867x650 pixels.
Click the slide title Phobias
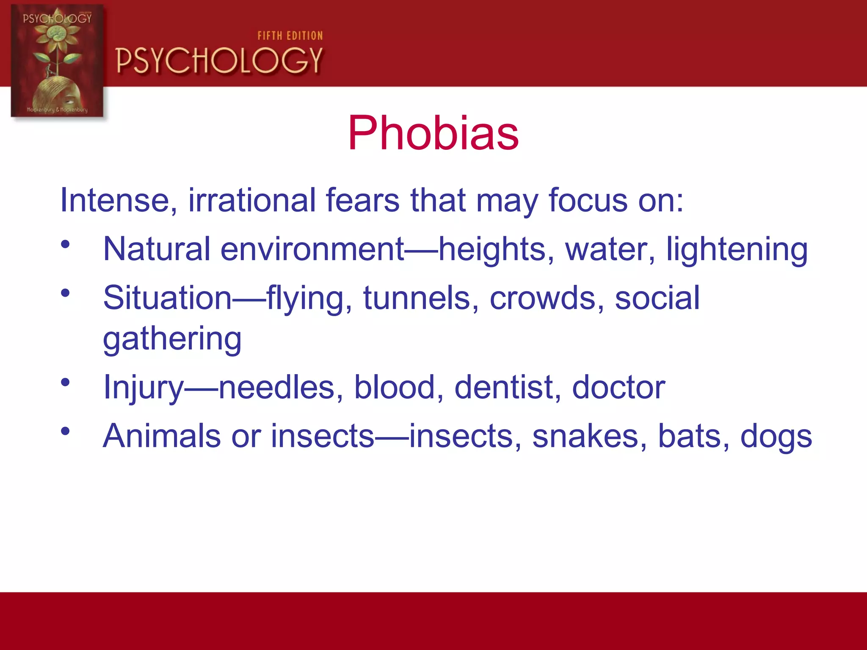tap(433, 133)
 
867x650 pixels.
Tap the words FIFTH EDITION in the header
tap(290, 36)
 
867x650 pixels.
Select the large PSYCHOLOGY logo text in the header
tap(219, 61)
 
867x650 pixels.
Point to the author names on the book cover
tap(57, 110)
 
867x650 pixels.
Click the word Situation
tap(167, 298)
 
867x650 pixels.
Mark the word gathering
tap(172, 339)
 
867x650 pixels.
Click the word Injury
tap(144, 388)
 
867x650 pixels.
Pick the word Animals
tap(162, 436)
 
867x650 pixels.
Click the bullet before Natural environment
tap(65, 244)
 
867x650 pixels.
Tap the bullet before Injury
tap(65, 383)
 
